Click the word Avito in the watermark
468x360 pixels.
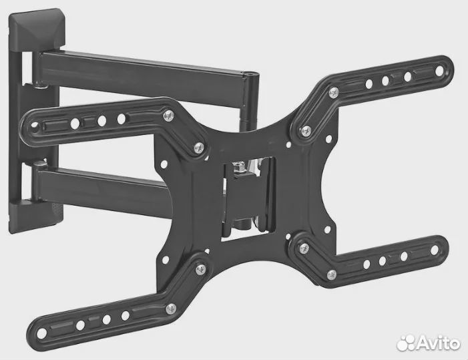coord(438,343)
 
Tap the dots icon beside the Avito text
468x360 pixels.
coord(406,343)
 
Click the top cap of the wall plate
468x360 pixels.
coord(37,29)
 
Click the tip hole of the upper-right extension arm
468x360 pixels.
coord(439,71)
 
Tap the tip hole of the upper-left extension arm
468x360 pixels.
coord(35,126)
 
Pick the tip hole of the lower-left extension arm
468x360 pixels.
coord(42,333)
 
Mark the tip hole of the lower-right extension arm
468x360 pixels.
coord(435,250)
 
